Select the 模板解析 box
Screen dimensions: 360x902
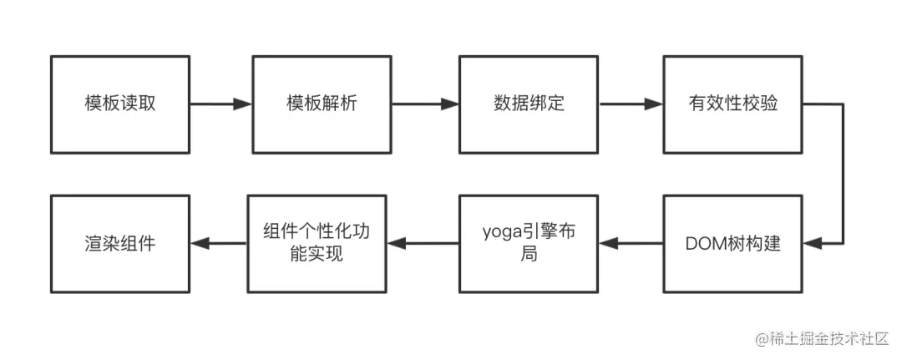[x=322, y=104]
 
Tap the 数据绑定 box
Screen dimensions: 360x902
[x=529, y=104]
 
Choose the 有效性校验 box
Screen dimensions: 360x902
[x=733, y=104]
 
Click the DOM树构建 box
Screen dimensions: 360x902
[x=733, y=244]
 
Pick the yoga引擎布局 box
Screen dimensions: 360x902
[x=529, y=244]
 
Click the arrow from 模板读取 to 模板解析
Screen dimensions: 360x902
[x=220, y=104]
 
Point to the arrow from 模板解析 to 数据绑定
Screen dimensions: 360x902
[x=425, y=104]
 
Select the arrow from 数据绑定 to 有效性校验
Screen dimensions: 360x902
[x=631, y=104]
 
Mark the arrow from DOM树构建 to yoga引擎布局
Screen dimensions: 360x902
[x=631, y=244]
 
